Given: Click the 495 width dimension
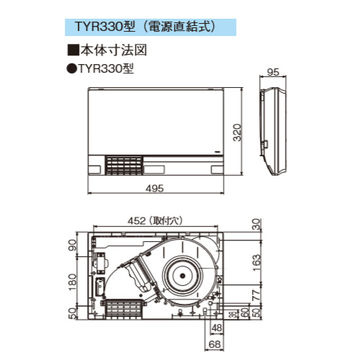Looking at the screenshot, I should pyautogui.click(x=155, y=188).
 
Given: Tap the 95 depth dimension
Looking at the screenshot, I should pyautogui.click(x=273, y=73).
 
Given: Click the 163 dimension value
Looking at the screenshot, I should pyautogui.click(x=257, y=261).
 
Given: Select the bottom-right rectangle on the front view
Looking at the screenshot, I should pyautogui.click(x=217, y=170).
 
